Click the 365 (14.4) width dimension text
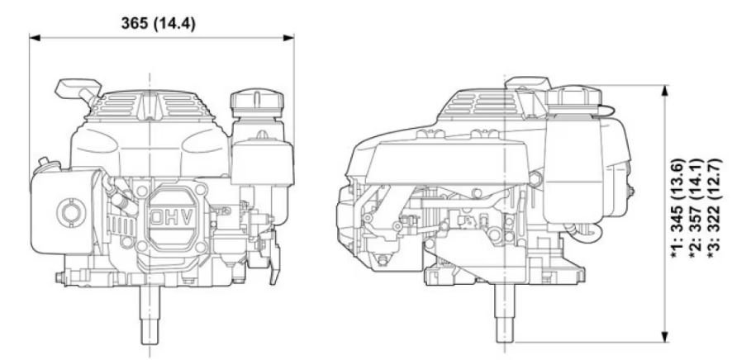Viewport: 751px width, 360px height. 158,23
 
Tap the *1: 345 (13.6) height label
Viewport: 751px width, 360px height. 678,207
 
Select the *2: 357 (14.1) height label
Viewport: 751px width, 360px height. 696,207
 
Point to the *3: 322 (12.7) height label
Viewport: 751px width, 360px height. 714,207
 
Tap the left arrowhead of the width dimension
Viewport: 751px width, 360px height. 35,37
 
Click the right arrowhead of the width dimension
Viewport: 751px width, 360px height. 288,37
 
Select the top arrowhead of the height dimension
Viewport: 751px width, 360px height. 664,91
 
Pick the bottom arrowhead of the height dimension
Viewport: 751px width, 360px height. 664,337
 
